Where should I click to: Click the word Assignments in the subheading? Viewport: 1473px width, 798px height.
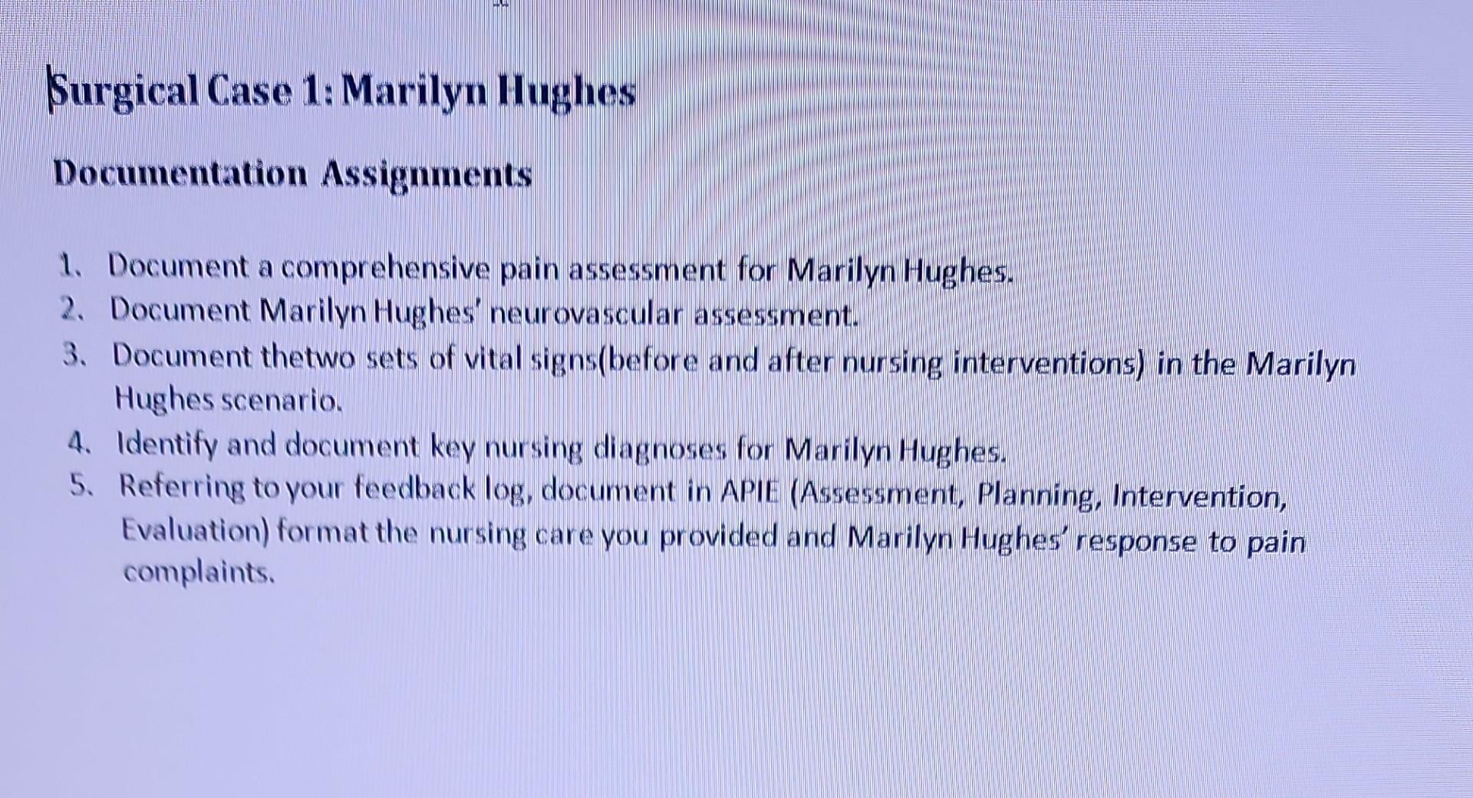(x=427, y=175)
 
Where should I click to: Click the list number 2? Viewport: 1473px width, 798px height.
(x=71, y=310)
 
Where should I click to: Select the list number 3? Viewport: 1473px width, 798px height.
(x=74, y=355)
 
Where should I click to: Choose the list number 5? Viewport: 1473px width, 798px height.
(x=81, y=486)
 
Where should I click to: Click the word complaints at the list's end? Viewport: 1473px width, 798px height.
(x=198, y=572)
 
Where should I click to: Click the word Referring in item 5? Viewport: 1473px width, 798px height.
(x=181, y=487)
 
